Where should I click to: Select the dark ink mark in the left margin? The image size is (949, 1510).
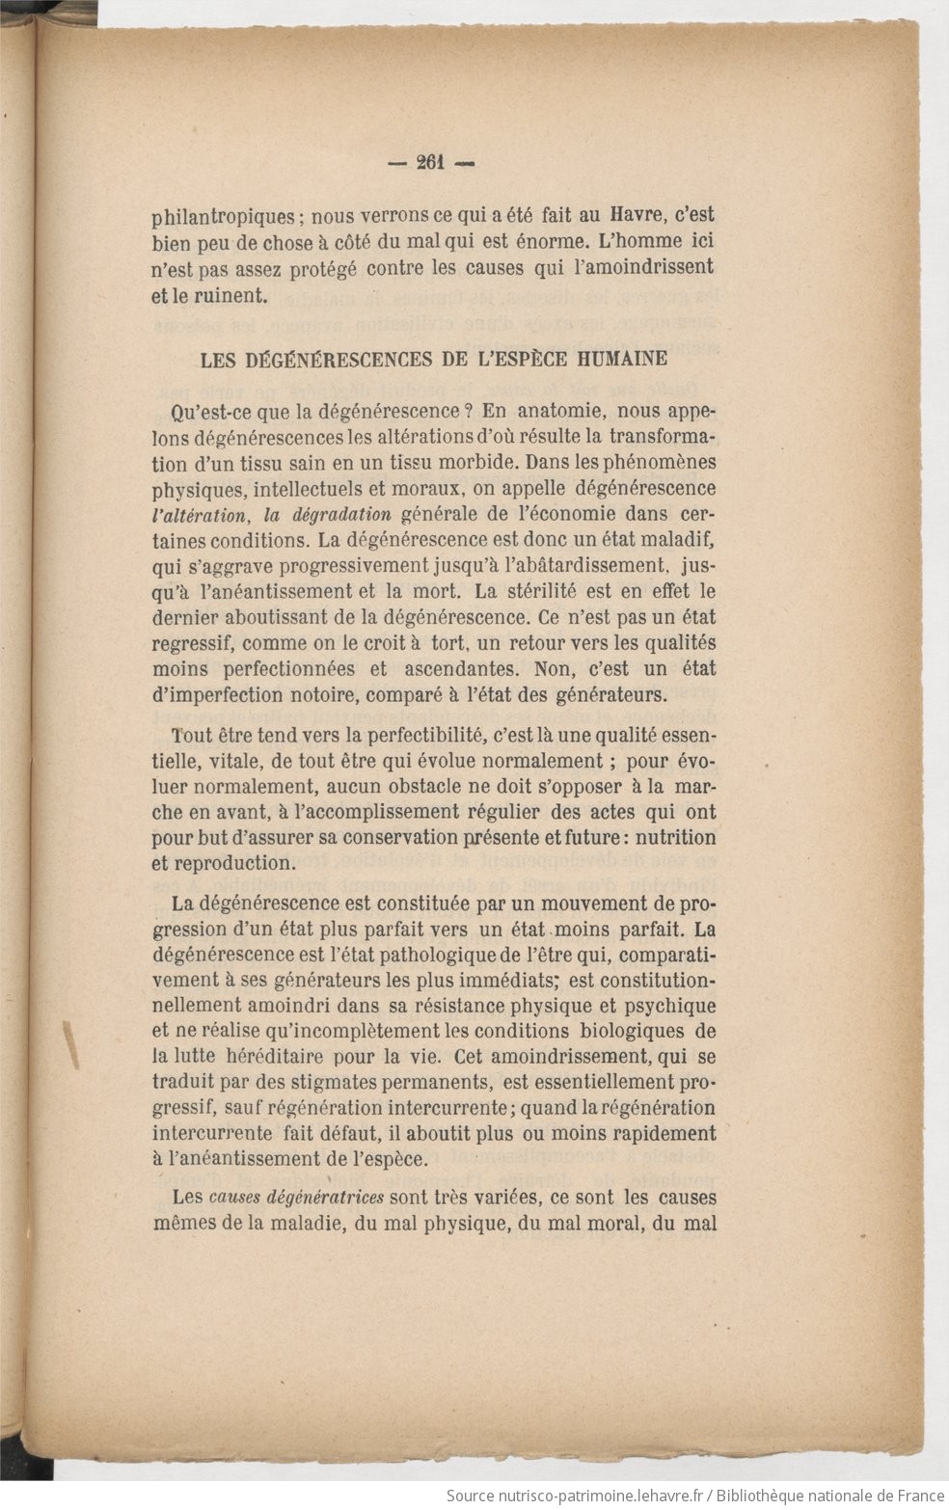point(70,1043)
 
